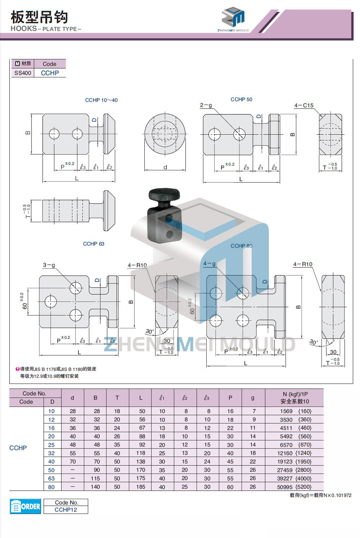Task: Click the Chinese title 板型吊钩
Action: tap(39, 17)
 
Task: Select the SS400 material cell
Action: tap(23, 73)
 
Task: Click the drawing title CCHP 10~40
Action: tap(101, 100)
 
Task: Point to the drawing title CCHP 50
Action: tap(241, 99)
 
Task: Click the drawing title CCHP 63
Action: tap(93, 244)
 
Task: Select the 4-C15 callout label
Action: tap(304, 106)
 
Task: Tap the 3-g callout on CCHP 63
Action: tap(49, 265)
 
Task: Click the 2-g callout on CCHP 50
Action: tap(206, 105)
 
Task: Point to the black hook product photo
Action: tap(164, 216)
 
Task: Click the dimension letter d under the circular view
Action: tap(165, 167)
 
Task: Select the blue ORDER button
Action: tap(25, 506)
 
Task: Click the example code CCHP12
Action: tap(66, 510)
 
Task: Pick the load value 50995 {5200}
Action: tap(294, 487)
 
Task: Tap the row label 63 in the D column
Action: tap(51, 478)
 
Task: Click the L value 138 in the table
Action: tap(141, 461)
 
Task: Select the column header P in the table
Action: tap(230, 398)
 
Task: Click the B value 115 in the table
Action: tap(95, 478)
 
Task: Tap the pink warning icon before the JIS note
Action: tap(17, 369)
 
